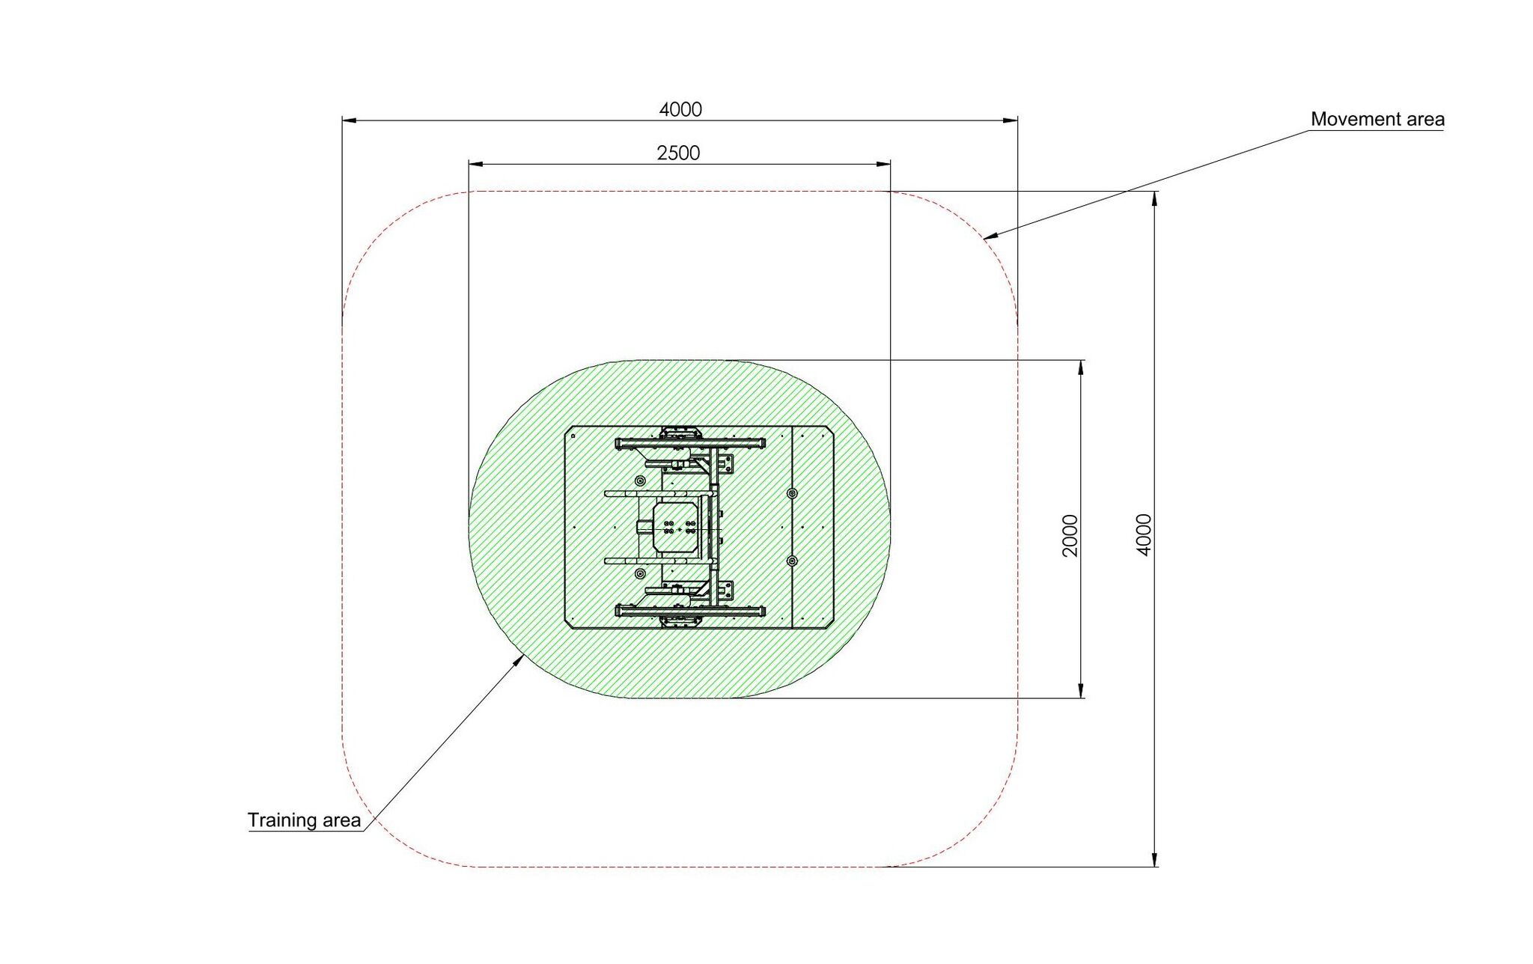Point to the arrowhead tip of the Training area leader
point(525,653)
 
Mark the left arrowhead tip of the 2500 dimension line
point(469,163)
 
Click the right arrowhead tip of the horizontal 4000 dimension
point(1018,120)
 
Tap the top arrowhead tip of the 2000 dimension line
point(1080,360)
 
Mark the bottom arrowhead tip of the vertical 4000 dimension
point(1155,867)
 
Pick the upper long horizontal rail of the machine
point(690,444)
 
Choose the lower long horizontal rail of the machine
point(690,611)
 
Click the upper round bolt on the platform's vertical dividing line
point(792,494)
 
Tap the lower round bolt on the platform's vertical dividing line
point(792,561)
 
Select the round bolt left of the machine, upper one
point(639,481)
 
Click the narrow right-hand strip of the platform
point(813,528)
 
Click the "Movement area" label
point(1377,120)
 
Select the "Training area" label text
point(304,820)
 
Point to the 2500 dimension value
point(678,153)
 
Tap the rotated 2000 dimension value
point(1070,536)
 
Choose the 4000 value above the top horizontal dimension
point(680,110)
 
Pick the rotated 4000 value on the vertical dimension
point(1144,534)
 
